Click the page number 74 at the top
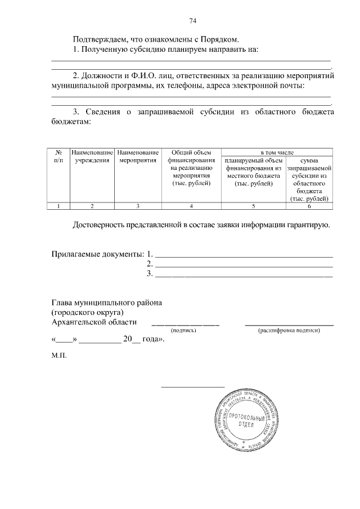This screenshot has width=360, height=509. [192, 21]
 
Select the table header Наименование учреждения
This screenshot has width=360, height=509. [92, 156]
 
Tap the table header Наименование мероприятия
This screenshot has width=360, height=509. [138, 156]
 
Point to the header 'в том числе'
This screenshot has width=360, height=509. [277, 152]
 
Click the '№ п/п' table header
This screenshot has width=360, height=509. [58, 156]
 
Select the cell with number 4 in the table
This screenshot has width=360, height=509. [191, 206]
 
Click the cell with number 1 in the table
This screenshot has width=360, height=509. [58, 206]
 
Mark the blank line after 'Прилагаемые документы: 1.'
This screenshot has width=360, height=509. [244, 255]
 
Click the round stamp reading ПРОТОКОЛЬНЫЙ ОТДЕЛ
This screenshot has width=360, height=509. [246, 420]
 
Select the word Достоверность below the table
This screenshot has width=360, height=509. [101, 226]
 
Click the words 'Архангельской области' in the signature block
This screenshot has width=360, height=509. [94, 322]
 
